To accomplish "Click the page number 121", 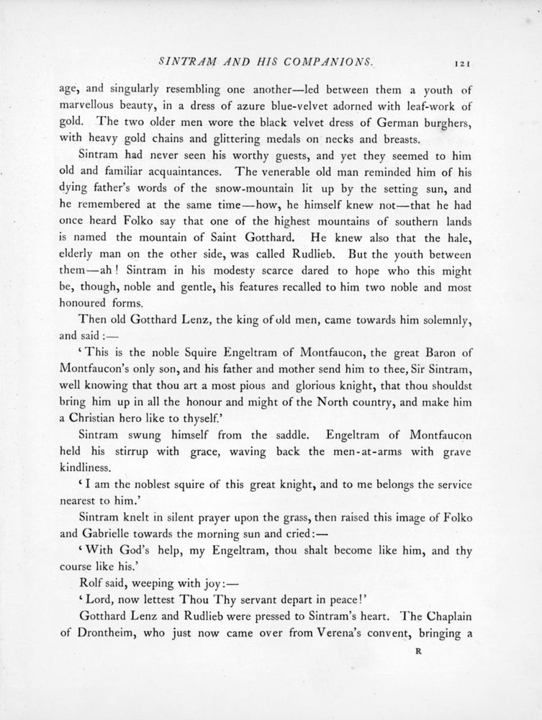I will coord(463,64).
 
